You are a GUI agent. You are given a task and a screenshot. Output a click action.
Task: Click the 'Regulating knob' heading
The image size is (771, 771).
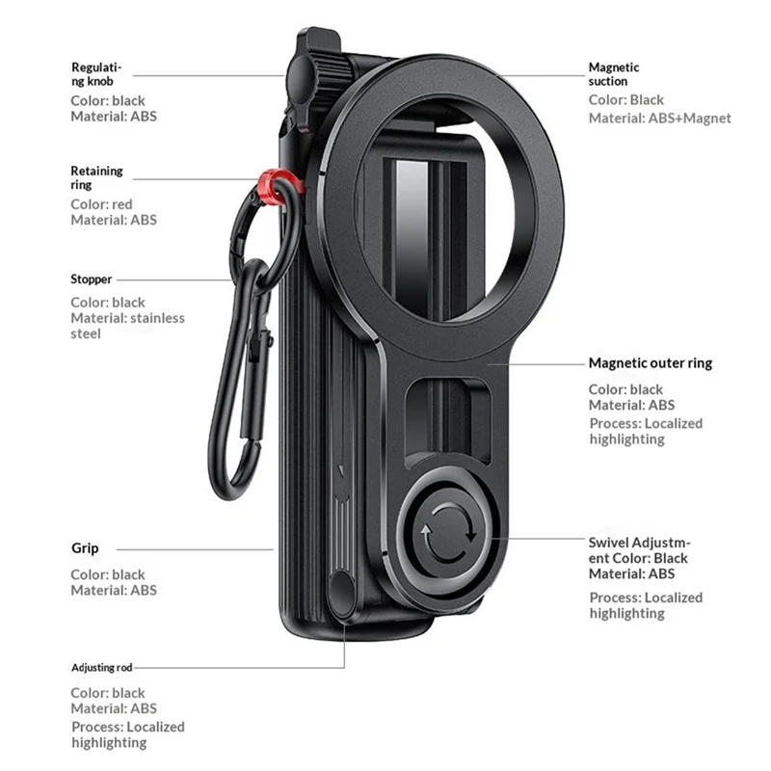pyautogui.click(x=96, y=74)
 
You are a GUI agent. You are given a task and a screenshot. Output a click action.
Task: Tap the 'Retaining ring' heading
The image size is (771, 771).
pyautogui.click(x=97, y=177)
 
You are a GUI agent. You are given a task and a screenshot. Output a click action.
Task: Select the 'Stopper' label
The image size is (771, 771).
pyautogui.click(x=91, y=279)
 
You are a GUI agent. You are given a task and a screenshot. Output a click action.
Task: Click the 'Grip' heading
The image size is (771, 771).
pyautogui.click(x=85, y=548)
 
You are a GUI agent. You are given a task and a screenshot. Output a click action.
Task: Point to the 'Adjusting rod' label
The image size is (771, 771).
pyautogui.click(x=102, y=667)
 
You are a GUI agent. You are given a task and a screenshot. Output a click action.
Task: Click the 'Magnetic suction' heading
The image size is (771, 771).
pyautogui.click(x=614, y=74)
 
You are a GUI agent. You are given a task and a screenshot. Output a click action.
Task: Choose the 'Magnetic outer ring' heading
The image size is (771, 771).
pyautogui.click(x=650, y=363)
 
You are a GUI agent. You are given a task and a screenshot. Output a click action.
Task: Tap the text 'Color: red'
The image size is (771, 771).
pyautogui.click(x=101, y=204)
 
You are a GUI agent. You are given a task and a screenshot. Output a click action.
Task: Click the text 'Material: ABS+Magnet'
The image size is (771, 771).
pyautogui.click(x=660, y=118)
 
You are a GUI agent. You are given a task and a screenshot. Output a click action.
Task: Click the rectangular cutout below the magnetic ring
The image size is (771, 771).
pyautogui.click(x=447, y=422)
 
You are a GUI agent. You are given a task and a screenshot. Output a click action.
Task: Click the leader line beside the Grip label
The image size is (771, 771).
pyautogui.click(x=195, y=549)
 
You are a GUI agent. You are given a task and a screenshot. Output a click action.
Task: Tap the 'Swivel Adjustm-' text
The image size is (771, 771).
pyautogui.click(x=639, y=543)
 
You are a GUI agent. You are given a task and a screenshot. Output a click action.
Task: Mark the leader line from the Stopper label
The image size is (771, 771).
pyautogui.click(x=174, y=279)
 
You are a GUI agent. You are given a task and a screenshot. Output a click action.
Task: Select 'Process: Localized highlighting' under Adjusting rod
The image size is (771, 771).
pyautogui.click(x=128, y=734)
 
